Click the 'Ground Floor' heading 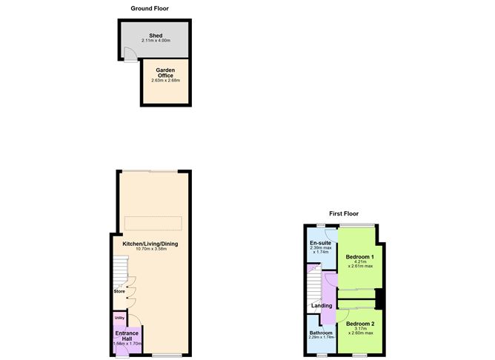tap(150, 9)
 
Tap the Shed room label tap(156, 35)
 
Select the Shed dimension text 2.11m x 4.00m tap(156, 40)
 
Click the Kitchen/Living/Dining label tap(145, 243)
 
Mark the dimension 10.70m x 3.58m tap(146, 249)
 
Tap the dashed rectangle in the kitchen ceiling tap(153, 223)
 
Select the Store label tap(119, 291)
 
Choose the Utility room tap(119, 318)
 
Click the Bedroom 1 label tap(360, 257)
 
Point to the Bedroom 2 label tap(360, 324)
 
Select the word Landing tap(322, 305)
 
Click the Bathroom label tap(321, 333)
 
